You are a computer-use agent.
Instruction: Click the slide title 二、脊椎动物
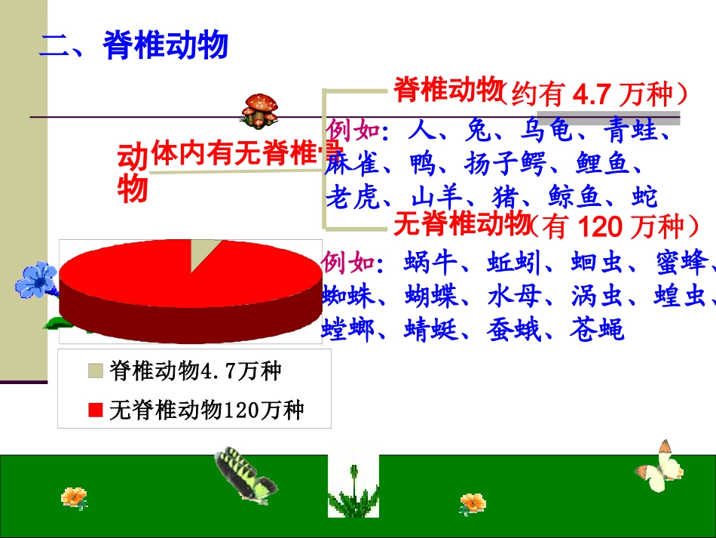click(x=133, y=46)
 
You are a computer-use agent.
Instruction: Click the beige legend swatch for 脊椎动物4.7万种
click(x=95, y=370)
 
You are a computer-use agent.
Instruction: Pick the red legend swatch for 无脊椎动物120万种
click(x=95, y=410)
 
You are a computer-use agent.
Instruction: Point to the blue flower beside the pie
click(x=35, y=280)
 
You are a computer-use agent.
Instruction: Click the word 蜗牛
click(x=431, y=263)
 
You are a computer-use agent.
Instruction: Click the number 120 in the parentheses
click(x=602, y=226)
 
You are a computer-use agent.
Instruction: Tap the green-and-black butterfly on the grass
click(x=243, y=473)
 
